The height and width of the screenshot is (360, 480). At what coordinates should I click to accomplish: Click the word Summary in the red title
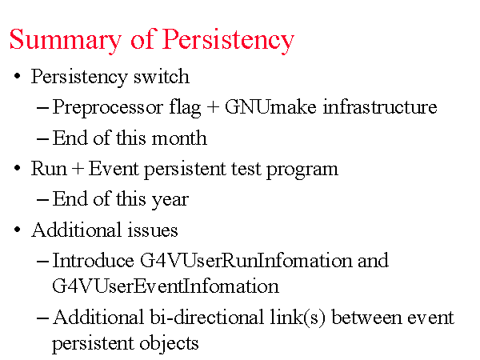click(66, 40)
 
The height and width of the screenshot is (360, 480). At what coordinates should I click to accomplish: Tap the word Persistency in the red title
click(228, 40)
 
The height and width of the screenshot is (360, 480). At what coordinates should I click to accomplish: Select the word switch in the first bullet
click(162, 76)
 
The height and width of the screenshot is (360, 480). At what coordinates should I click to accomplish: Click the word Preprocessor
click(108, 108)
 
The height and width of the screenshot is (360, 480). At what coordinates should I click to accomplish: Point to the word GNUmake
click(270, 107)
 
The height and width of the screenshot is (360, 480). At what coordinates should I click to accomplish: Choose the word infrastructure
click(380, 106)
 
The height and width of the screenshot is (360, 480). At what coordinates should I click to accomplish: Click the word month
click(179, 138)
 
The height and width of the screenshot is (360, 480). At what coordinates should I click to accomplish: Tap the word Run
click(49, 168)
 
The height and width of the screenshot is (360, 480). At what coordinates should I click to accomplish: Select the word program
click(302, 170)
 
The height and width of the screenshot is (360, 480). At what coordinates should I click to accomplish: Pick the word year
click(170, 200)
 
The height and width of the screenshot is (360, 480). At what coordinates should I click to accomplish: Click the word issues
click(153, 230)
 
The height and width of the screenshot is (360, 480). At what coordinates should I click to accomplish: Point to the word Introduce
click(94, 261)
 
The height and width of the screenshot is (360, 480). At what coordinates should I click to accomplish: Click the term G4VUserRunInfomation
click(246, 261)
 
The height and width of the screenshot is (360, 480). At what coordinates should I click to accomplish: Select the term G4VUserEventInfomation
click(166, 286)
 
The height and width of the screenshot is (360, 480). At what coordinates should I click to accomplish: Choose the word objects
click(169, 344)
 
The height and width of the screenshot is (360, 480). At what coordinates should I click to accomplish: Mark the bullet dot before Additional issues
click(17, 230)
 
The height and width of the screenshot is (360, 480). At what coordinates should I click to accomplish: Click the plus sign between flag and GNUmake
click(213, 107)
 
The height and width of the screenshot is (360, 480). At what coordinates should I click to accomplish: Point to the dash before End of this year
click(42, 200)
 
